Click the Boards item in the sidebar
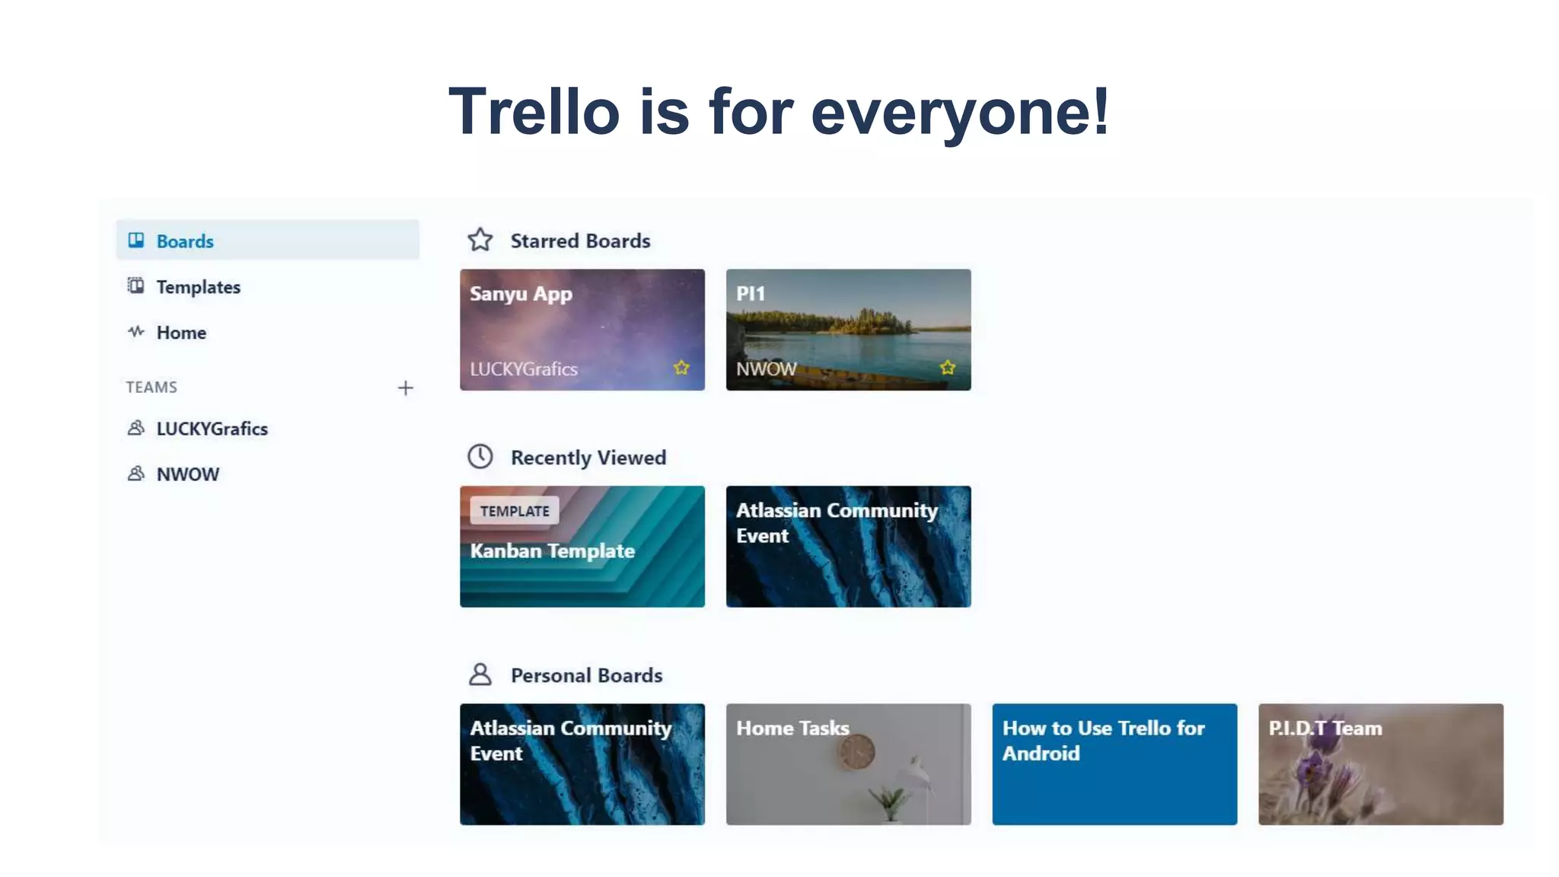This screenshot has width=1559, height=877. click(x=185, y=241)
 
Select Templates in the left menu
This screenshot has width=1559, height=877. click(x=198, y=287)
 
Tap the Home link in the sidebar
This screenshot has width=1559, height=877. click(x=181, y=333)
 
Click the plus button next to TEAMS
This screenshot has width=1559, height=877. click(x=405, y=388)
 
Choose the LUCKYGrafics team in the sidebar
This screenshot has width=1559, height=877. click(x=212, y=429)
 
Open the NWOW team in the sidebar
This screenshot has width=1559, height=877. click(x=187, y=474)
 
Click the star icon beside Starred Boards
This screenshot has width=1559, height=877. click(x=480, y=240)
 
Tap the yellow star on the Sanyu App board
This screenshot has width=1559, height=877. click(x=681, y=368)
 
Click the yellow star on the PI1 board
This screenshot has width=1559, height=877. click(x=947, y=368)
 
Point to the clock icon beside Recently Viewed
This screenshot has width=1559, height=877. click(x=480, y=457)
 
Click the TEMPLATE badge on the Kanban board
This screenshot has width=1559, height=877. click(x=515, y=511)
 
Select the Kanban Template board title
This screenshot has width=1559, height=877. click(x=552, y=550)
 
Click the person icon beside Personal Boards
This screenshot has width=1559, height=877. click(x=480, y=674)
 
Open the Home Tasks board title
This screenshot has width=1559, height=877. click(x=792, y=728)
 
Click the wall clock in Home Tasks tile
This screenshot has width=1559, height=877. click(x=857, y=752)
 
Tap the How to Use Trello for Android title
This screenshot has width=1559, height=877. click(x=1102, y=740)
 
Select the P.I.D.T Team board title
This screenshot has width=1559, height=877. click(x=1325, y=728)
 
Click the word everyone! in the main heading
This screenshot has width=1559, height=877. click(x=960, y=112)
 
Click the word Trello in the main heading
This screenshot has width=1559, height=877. click(x=534, y=112)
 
